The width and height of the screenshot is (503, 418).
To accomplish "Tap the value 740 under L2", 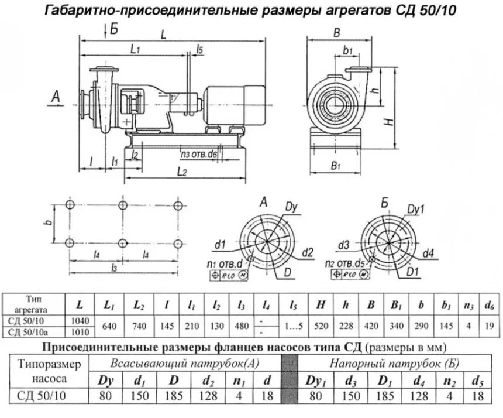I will pos(139,326).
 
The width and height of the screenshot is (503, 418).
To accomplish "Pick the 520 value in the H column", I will pos(321,326).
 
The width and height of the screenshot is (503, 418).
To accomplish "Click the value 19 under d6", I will pos(487,326).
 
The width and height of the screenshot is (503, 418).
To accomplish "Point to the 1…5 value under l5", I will pos(292,326).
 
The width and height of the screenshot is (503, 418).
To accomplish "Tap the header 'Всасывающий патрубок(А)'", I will pos(185,362).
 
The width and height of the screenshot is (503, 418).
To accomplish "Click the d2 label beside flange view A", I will pos(308,252).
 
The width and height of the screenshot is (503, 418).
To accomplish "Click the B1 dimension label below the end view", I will pos(335,166).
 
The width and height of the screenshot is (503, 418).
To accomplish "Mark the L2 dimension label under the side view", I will pos(181,172).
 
